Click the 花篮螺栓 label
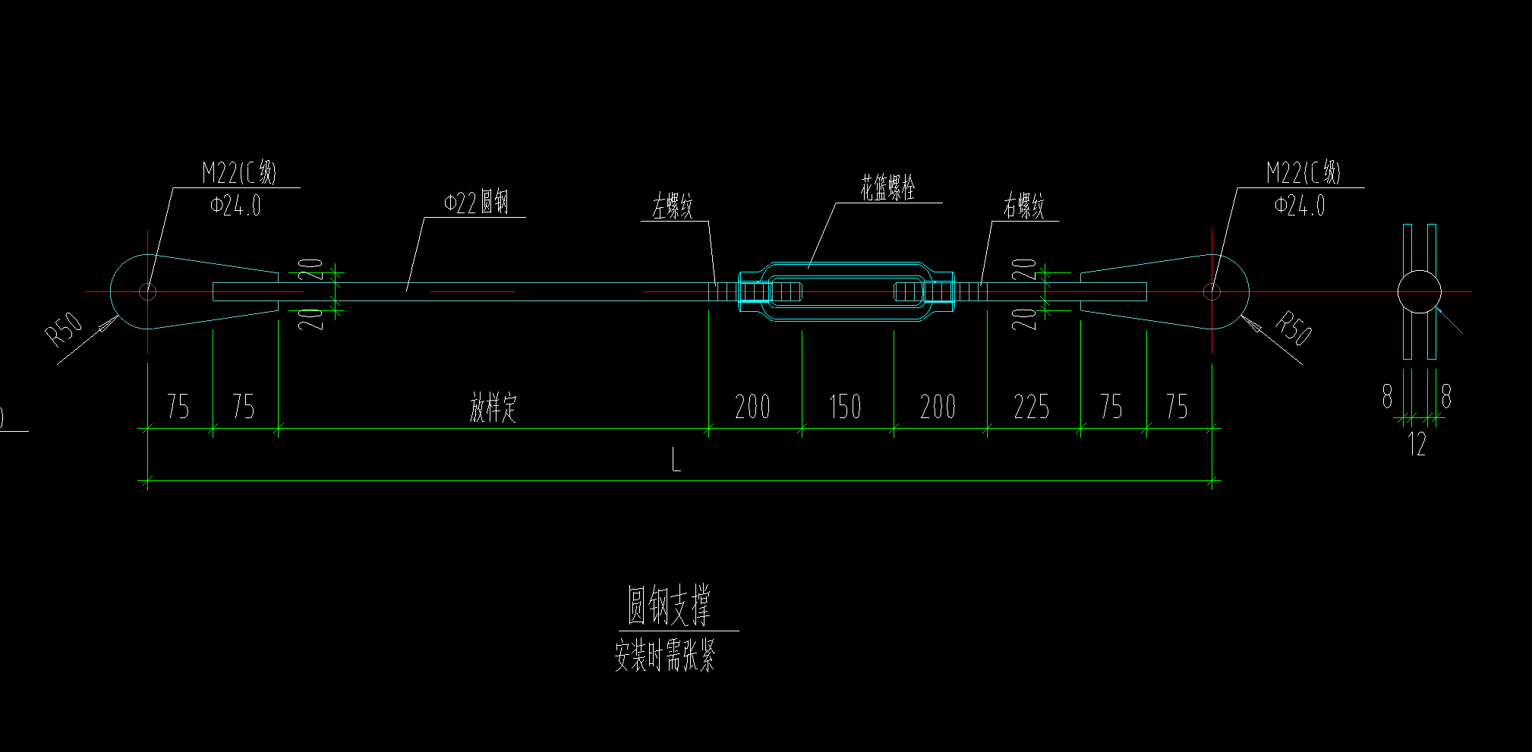[887, 187]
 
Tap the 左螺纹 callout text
[673, 206]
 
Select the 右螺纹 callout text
[1024, 206]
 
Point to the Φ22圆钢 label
[476, 203]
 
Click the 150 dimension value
[845, 407]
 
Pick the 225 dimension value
[1032, 407]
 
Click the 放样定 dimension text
[493, 407]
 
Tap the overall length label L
[676, 459]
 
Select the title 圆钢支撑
[669, 605]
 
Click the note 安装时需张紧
[665, 656]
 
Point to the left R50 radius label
[65, 329]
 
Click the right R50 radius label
[1294, 327]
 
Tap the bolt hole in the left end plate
[147, 291]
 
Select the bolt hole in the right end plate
[1212, 291]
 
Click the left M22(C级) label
[239, 172]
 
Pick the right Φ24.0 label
[1300, 206]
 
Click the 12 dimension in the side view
[1417, 445]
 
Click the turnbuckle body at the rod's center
[847, 291]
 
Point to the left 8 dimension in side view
[1387, 396]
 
